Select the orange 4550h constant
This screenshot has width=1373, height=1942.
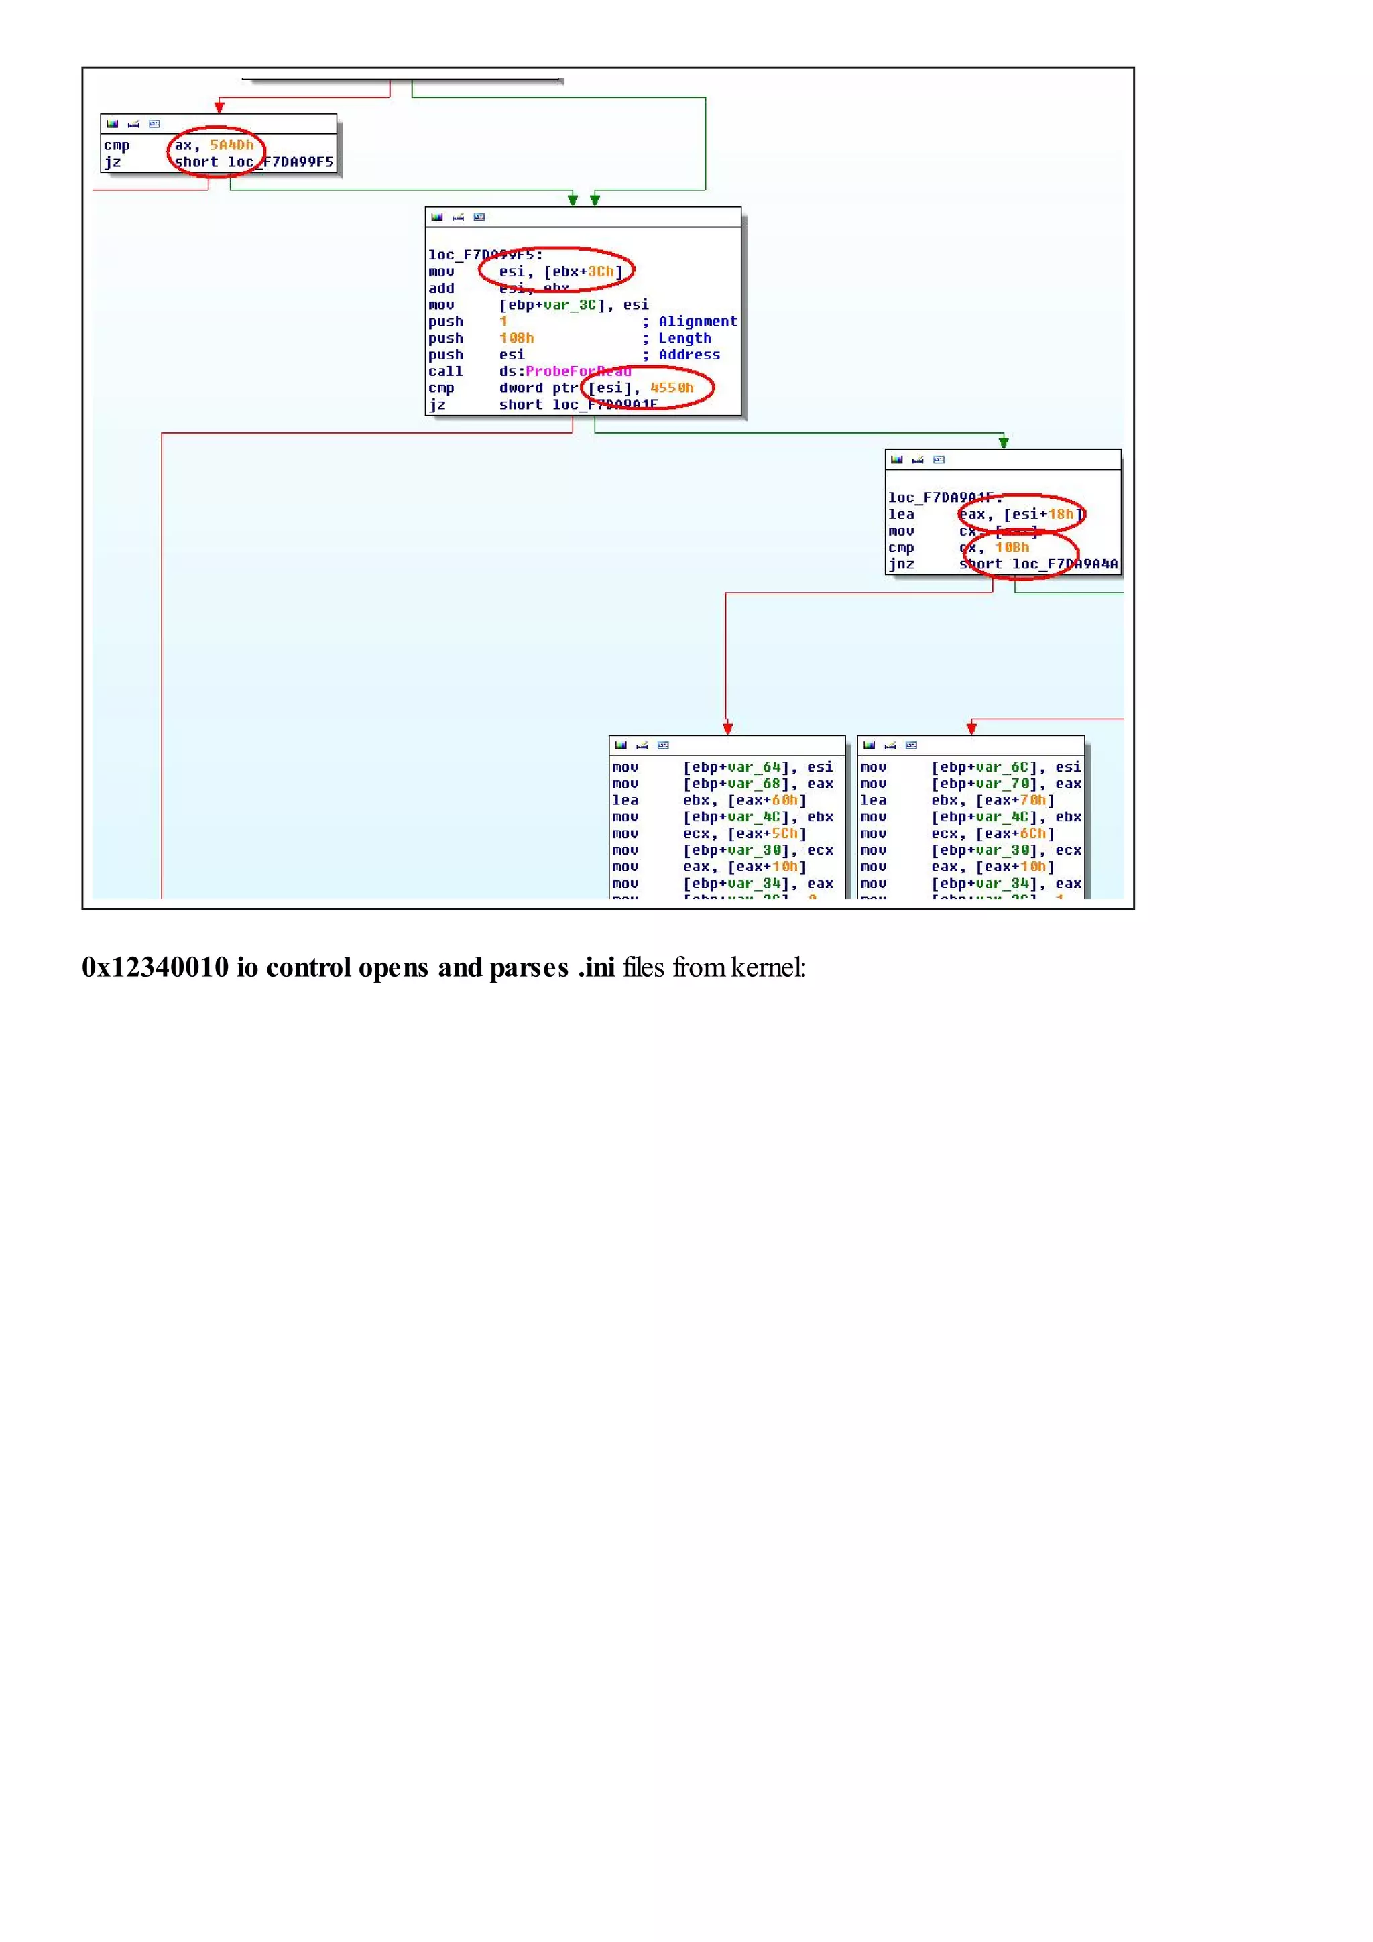(x=672, y=388)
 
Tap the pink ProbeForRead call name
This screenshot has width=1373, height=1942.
(x=578, y=371)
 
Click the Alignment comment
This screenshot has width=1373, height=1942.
(x=697, y=321)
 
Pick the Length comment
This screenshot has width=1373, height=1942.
(x=684, y=339)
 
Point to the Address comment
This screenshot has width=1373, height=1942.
(x=689, y=355)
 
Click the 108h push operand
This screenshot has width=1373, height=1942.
(x=516, y=339)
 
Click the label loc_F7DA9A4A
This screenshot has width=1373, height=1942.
(x=1064, y=564)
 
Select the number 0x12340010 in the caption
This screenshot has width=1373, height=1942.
(x=155, y=967)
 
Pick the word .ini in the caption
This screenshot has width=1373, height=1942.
(x=597, y=967)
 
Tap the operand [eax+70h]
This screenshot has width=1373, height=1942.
(x=1014, y=800)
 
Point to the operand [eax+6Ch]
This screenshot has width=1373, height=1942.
(x=1014, y=834)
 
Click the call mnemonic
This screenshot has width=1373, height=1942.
(x=445, y=371)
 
